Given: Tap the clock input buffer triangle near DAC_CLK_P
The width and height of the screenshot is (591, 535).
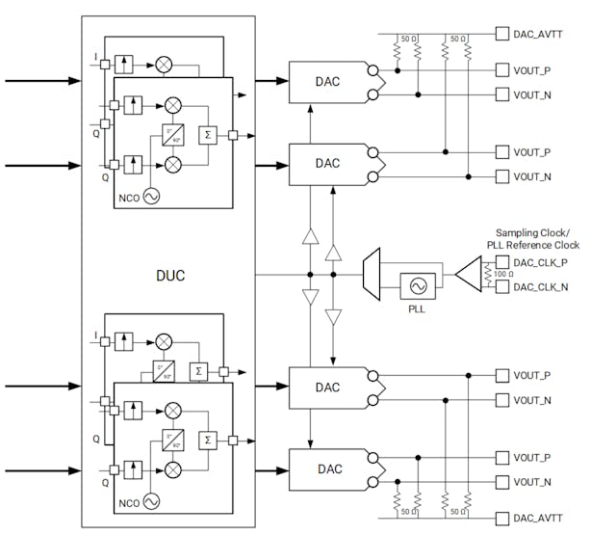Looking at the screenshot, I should pos(469,275).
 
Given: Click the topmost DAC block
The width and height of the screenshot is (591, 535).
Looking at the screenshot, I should pos(328,81).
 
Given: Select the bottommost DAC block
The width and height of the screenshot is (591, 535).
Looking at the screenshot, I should pos(328,468).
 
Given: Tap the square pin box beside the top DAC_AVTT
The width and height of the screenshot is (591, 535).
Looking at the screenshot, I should pos(501,34).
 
